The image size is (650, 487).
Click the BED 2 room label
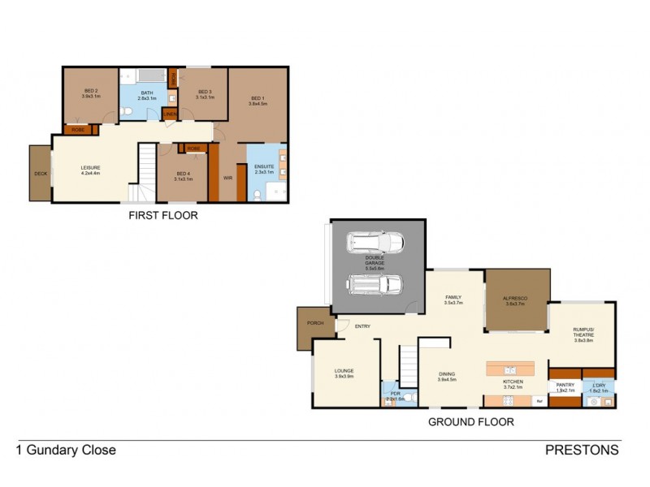[x=90, y=91]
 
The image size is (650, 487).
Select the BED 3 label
[x=205, y=92]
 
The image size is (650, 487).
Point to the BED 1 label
[x=258, y=100]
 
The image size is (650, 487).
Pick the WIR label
[x=227, y=178]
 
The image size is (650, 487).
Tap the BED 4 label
[x=183, y=174]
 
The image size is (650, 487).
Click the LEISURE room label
[x=90, y=167]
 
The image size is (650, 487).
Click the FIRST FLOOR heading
[x=162, y=216]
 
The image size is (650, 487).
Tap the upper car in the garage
[x=375, y=242]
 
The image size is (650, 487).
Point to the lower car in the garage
[x=375, y=284]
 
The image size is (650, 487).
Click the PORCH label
[x=315, y=323]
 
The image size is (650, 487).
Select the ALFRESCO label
[x=517, y=300]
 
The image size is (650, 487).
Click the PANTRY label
[x=565, y=387]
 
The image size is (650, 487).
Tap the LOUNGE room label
[x=344, y=373]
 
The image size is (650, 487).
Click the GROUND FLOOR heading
[x=471, y=422]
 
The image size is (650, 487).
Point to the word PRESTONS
[x=582, y=450]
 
